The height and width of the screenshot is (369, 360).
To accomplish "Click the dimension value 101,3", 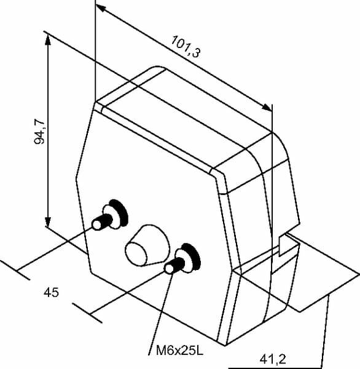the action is (x=186, y=47).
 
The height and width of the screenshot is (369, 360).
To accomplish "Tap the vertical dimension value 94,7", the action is (x=39, y=132).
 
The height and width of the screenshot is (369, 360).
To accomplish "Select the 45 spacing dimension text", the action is (x=51, y=293).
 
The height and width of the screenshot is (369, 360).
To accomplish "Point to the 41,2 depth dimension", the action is (x=273, y=359).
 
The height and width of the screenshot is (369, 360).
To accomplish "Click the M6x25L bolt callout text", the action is (x=179, y=351).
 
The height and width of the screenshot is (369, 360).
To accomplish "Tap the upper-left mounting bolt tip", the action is (x=96, y=224).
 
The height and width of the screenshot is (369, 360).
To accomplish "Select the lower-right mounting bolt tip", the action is (x=170, y=269).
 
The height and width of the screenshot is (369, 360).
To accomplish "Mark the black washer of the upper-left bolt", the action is (x=120, y=213).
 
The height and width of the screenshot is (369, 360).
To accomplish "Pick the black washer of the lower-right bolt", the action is (x=193, y=256).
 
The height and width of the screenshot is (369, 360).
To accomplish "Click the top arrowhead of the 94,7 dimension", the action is (x=48, y=40).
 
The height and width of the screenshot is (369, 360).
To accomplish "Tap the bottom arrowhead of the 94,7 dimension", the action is (x=48, y=221).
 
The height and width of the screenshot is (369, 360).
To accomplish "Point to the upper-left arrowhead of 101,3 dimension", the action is (x=101, y=8).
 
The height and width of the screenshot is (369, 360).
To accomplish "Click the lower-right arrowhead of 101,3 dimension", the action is (x=266, y=107).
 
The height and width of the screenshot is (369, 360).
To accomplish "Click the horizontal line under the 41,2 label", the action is (x=275, y=368).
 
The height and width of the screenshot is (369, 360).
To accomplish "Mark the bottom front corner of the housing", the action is (x=225, y=346).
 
